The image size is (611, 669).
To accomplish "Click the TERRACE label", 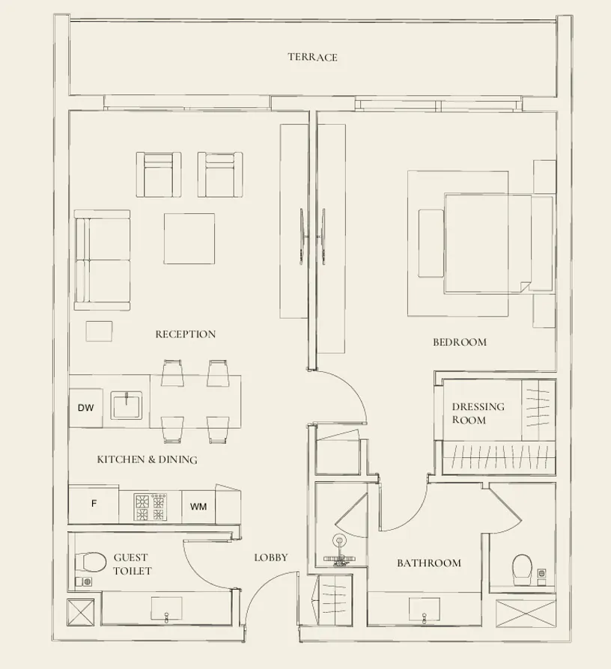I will click(312, 57).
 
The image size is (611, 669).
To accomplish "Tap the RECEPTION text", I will click(185, 334).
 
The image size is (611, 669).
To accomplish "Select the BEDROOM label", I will click(459, 342).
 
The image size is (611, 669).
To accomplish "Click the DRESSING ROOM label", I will click(478, 413).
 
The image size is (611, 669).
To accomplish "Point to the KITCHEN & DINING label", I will click(147, 459).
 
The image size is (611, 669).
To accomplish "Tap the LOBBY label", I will click(270, 557).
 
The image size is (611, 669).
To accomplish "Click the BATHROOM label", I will click(428, 563).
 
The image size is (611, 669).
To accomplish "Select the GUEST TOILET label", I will click(132, 564).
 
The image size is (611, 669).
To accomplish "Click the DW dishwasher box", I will click(85, 408).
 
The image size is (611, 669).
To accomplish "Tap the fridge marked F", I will click(94, 504).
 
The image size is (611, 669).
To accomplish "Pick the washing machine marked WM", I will click(198, 507).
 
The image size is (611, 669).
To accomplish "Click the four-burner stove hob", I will click(150, 507).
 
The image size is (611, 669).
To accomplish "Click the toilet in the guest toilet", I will click(91, 561).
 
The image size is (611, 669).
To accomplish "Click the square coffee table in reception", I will click(189, 239).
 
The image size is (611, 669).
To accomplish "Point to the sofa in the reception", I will click(102, 260).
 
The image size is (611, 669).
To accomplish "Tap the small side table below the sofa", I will click(99, 331).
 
